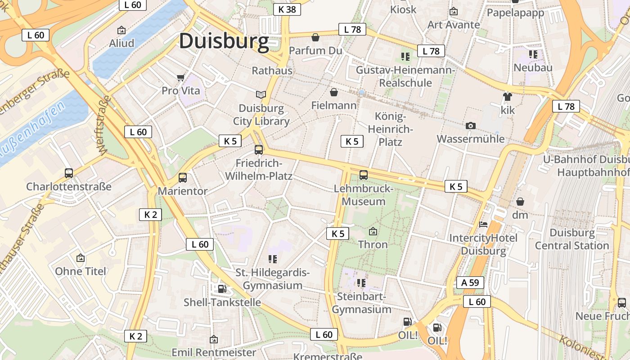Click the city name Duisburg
pos(224,41)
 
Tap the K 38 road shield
pos(287,9)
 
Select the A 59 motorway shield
pos(470,283)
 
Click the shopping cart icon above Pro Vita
pos(181,78)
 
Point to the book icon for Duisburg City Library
pos(261,94)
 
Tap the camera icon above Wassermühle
pos(471,126)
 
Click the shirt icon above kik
pos(508,96)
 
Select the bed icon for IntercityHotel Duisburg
pos(483,224)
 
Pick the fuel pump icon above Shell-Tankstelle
pos(222,288)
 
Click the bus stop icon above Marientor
pos(183,177)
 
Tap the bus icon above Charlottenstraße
pos(69,173)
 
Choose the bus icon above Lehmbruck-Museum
pos(363,175)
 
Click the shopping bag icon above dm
pos(520,201)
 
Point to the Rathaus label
pos(272,71)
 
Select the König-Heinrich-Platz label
pos(390,129)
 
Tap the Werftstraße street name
pos(102,125)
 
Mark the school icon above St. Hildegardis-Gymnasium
pos(273,259)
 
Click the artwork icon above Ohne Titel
pos(81,258)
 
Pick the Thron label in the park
pos(373,244)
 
